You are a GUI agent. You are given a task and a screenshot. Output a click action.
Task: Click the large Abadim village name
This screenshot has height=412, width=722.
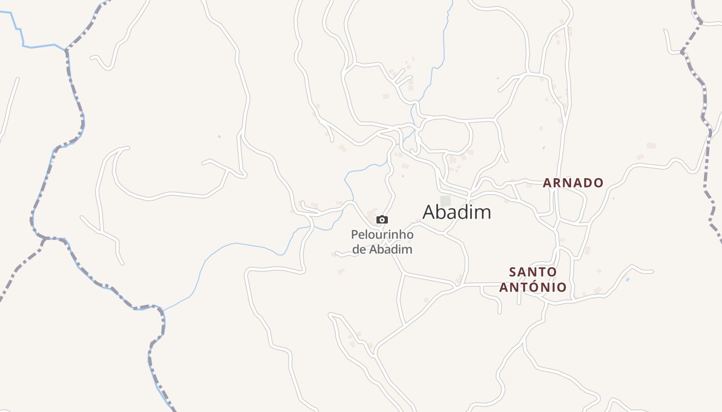pyautogui.click(x=456, y=212)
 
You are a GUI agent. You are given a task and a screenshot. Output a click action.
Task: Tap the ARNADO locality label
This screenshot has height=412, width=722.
pyautogui.click(x=573, y=183)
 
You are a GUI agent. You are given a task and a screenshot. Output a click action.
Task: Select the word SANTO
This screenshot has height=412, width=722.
pyautogui.click(x=533, y=271)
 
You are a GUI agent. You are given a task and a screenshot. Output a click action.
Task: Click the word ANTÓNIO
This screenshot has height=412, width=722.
pyautogui.click(x=533, y=287)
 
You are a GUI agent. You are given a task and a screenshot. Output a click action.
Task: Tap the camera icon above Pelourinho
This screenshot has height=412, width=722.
pyautogui.click(x=382, y=220)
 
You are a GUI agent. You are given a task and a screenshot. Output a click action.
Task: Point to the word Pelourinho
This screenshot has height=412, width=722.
pyautogui.click(x=382, y=235)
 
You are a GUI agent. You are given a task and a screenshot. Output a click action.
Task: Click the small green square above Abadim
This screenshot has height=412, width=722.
pyautogui.click(x=445, y=201)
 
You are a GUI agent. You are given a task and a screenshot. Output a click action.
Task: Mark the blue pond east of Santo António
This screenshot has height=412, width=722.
pyautogui.click(x=628, y=279)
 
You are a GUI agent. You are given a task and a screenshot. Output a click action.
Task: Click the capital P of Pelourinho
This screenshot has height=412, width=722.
pyautogui.click(x=355, y=235)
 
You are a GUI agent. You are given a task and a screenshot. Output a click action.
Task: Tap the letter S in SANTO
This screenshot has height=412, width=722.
pyautogui.click(x=512, y=271)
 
